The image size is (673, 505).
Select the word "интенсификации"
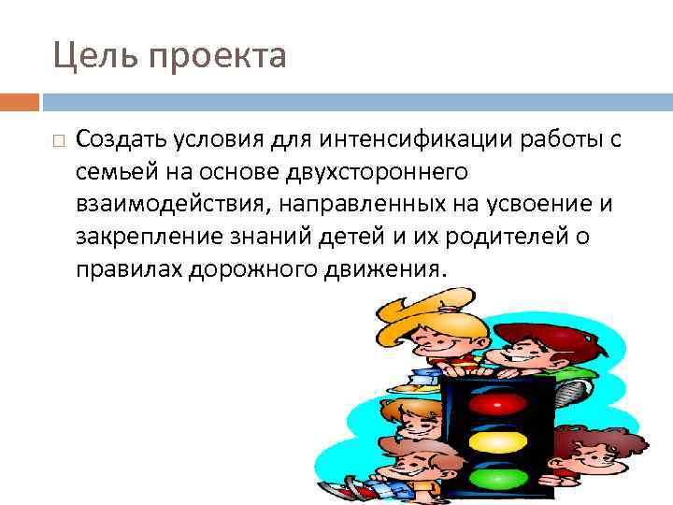click(x=406, y=139)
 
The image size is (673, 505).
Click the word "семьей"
click(x=111, y=172)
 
